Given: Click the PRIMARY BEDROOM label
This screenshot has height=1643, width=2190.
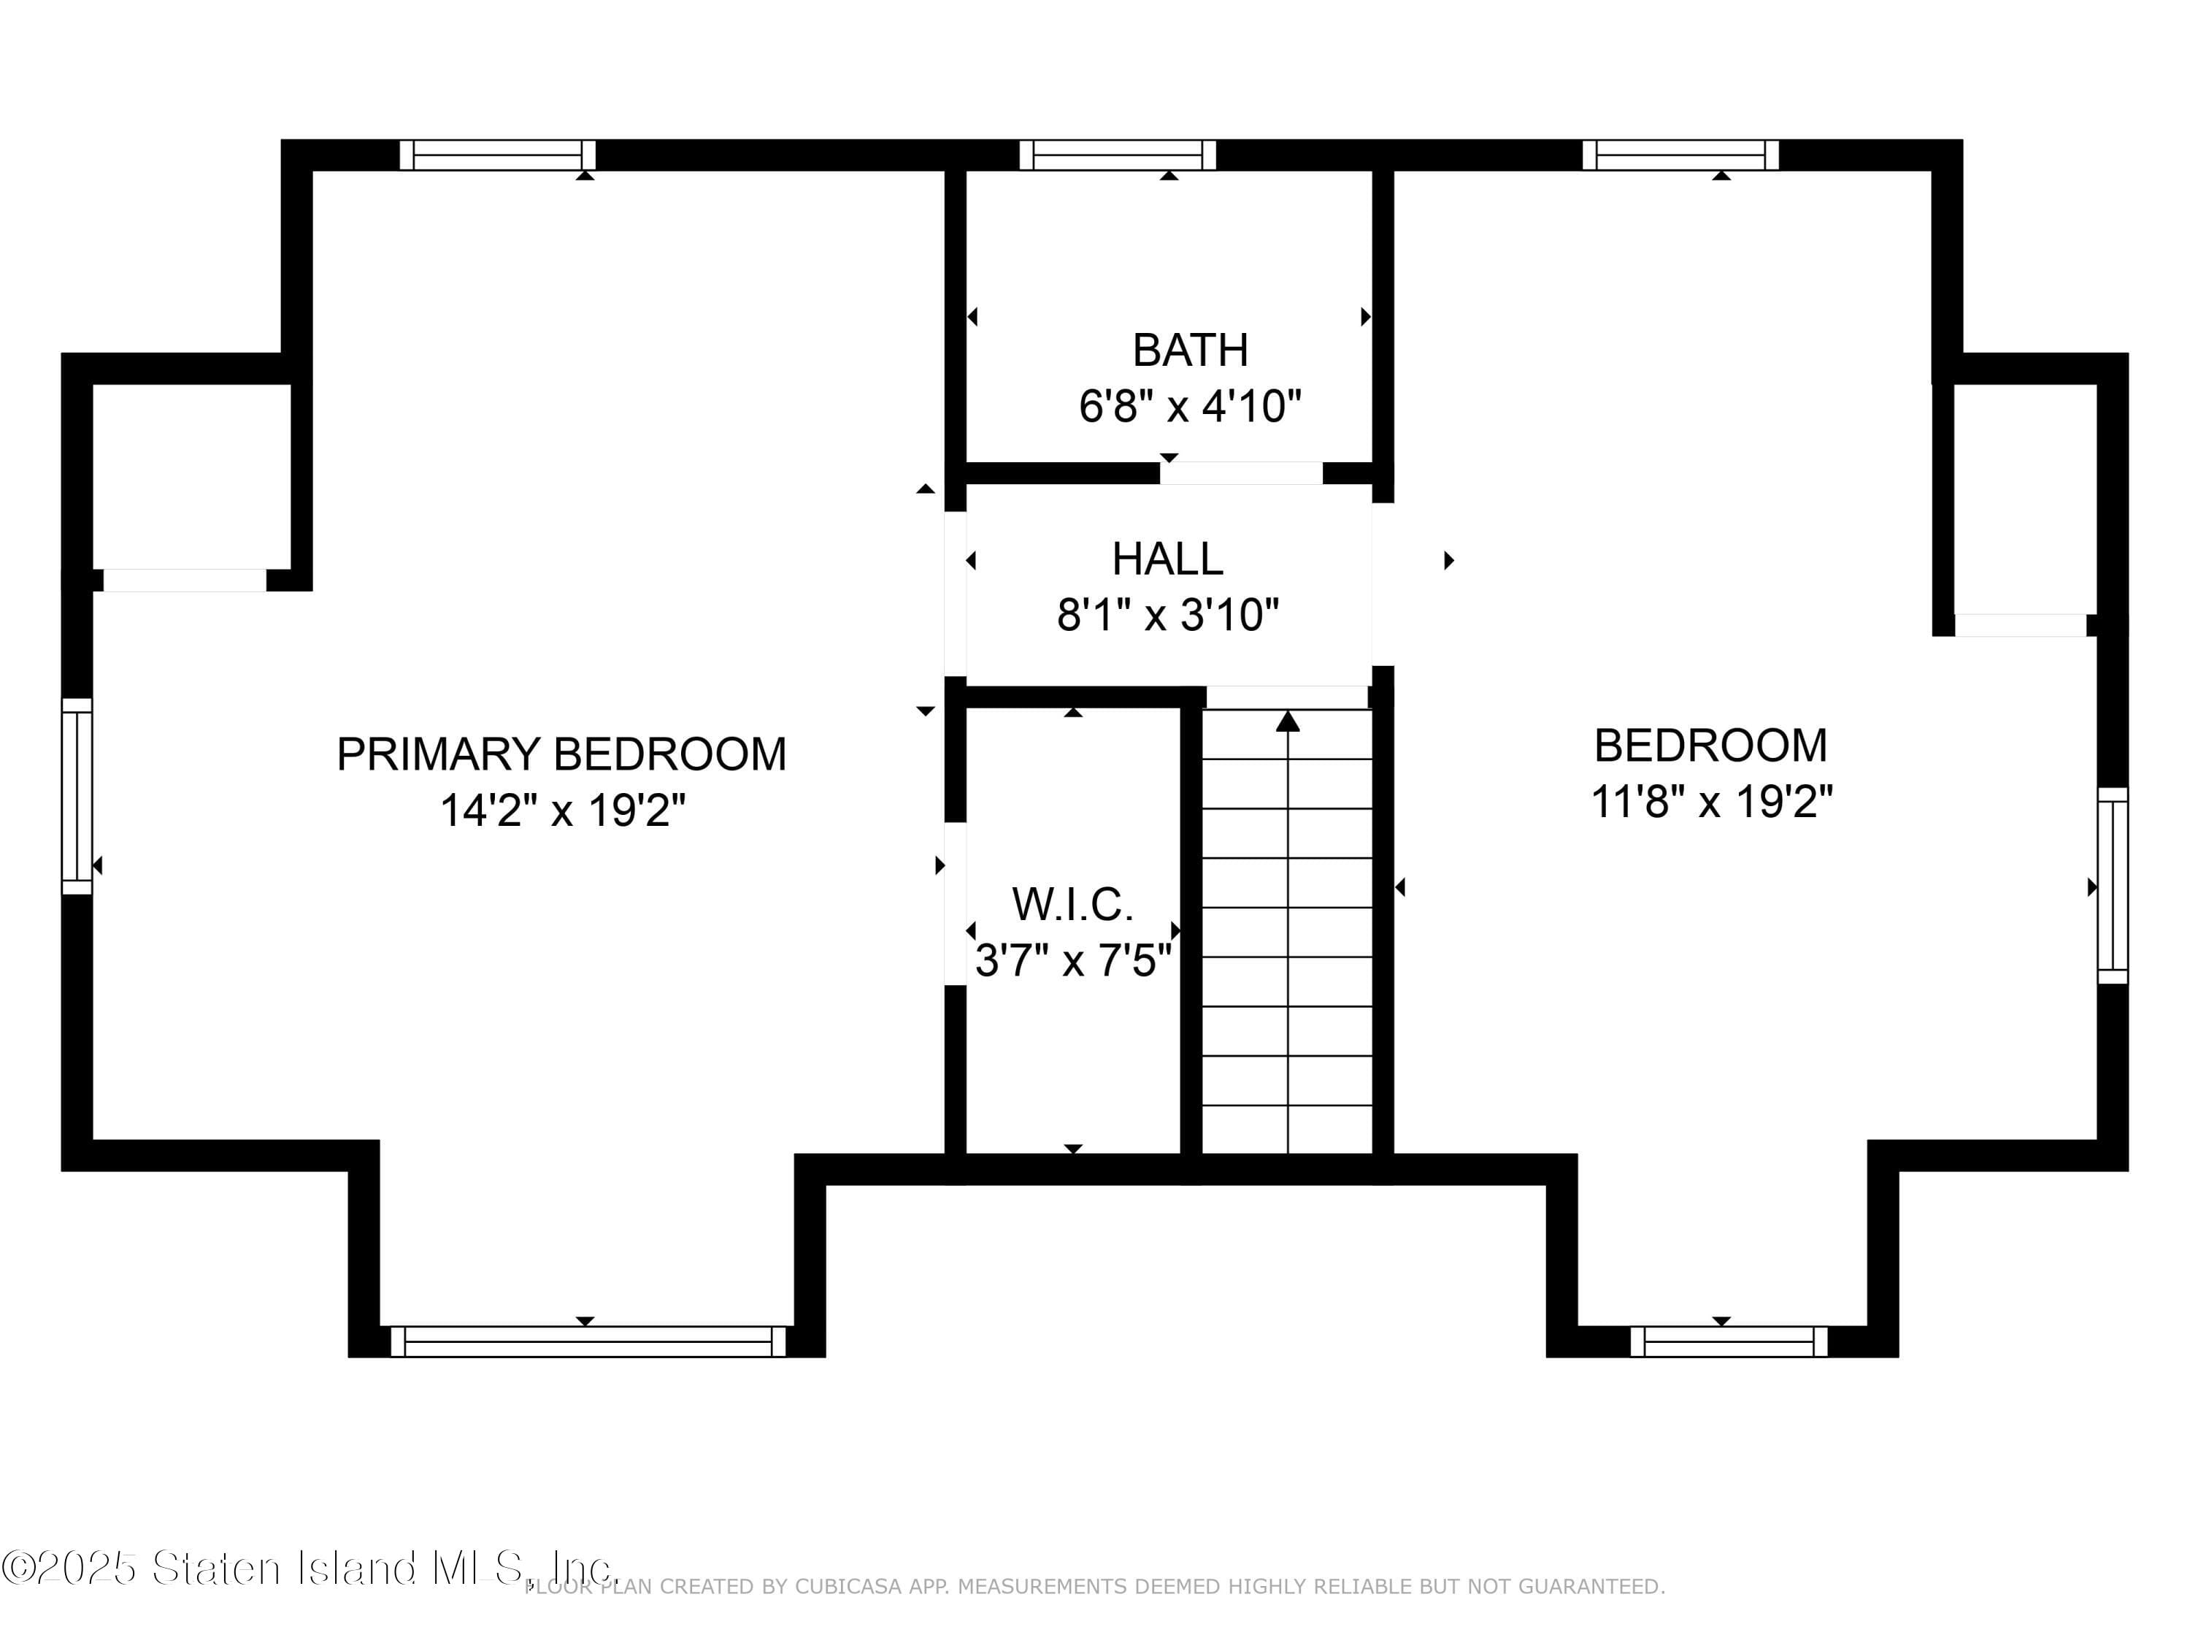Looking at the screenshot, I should coord(561,754).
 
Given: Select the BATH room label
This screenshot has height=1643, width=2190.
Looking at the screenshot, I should coord(1190,351).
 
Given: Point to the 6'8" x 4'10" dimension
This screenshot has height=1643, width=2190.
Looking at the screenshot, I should coord(1190,407).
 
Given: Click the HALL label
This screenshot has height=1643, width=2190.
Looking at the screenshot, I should coord(1167,559).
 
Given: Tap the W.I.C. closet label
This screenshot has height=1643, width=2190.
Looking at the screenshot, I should coord(1072,904).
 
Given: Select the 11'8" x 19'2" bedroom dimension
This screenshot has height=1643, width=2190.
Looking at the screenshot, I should coord(1711,801).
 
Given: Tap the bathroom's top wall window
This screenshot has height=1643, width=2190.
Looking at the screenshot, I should coord(1118,156).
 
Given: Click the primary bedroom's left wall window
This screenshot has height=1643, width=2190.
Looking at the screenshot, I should coord(77,796).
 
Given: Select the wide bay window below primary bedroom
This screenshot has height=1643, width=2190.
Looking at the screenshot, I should coord(588,1342).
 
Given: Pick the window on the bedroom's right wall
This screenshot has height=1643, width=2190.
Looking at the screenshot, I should coord(2112,885).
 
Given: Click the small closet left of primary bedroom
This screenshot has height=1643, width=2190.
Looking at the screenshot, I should coord(191,475).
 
